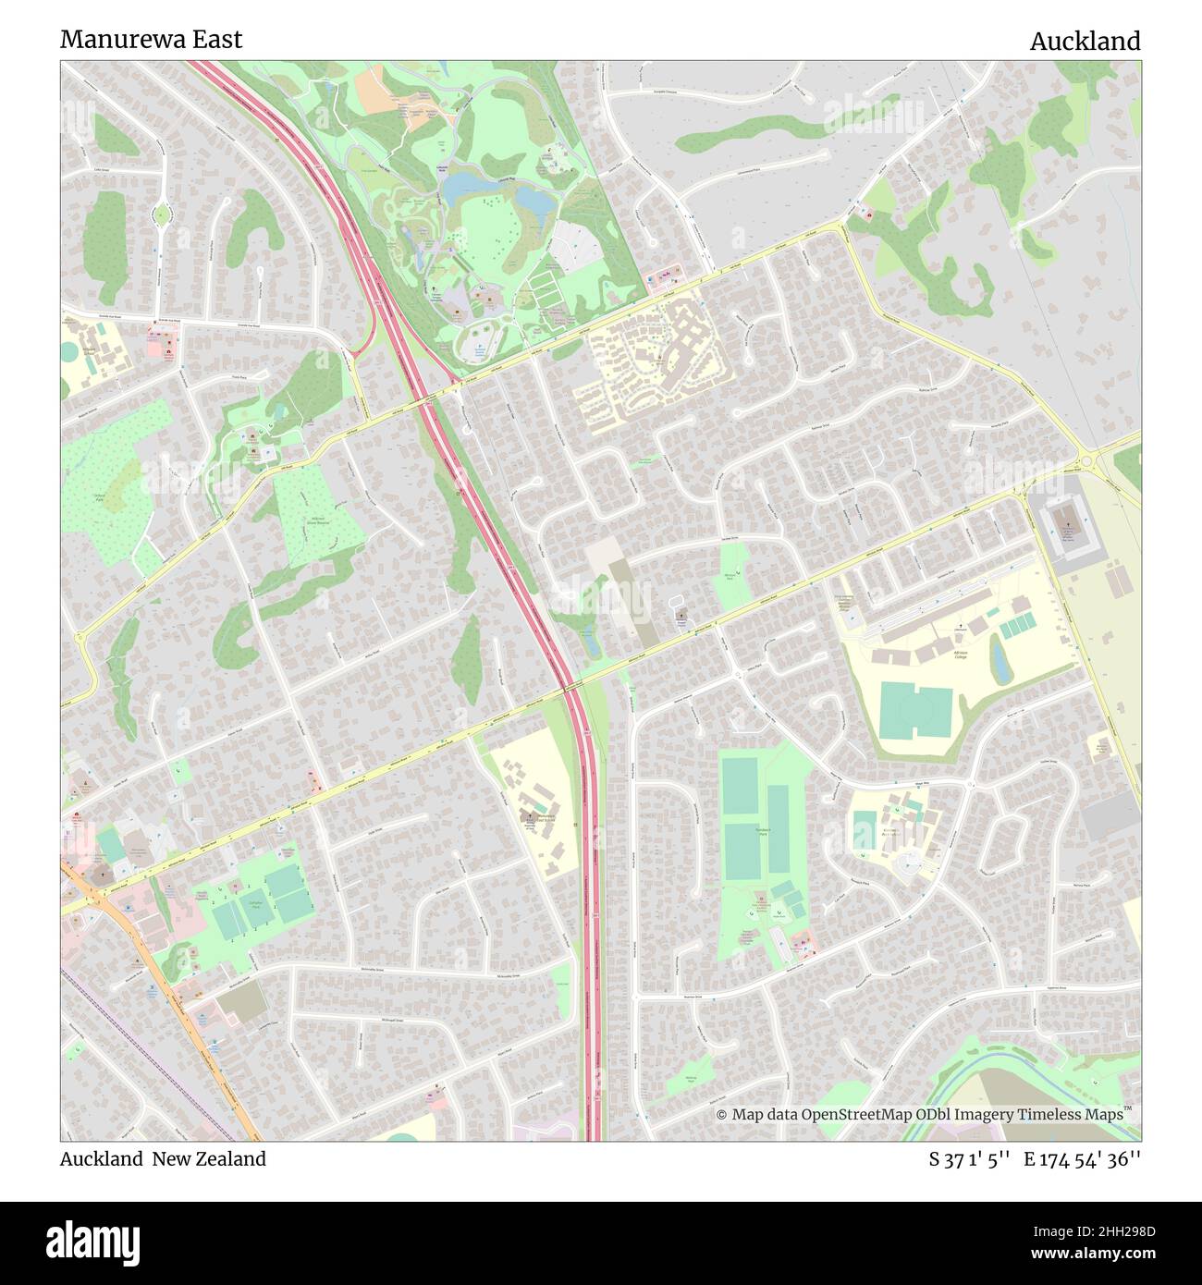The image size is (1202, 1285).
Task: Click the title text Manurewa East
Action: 151,39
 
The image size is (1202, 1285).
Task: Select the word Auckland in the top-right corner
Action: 1085,42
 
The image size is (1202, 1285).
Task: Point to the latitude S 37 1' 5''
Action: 970,1159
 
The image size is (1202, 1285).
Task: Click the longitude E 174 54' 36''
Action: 1082,1159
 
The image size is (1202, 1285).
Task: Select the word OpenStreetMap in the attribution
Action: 855,1115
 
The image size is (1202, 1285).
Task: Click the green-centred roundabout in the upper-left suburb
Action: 162,214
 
